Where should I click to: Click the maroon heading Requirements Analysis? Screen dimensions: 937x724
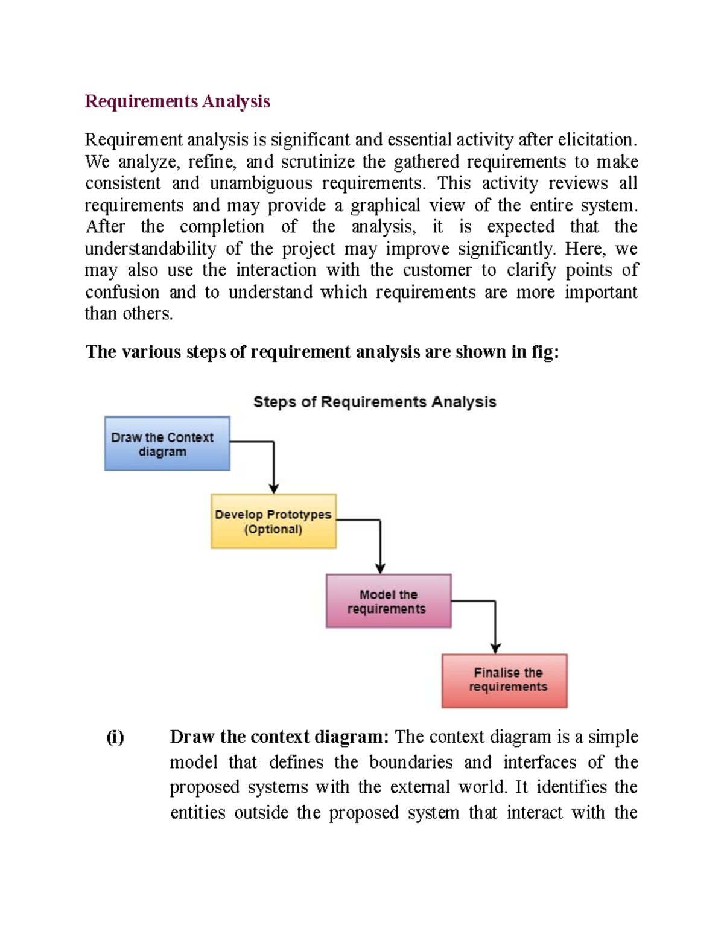coord(177,101)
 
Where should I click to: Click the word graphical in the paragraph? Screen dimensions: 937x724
coord(385,206)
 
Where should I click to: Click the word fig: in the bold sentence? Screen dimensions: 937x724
coord(545,352)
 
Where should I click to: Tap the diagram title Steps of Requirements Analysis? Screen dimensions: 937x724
coord(375,402)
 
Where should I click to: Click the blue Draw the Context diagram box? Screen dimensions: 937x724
coord(167,443)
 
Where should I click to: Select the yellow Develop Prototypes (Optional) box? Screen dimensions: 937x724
coord(273,521)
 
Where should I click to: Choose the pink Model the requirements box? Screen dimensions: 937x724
coord(388,601)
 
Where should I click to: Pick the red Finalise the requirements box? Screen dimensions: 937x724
coord(504,681)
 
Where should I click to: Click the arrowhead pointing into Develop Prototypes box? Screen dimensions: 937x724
coord(274,489)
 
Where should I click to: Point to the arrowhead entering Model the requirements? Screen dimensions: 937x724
coord(380,568)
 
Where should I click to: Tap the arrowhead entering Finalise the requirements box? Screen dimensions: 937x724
coord(495,649)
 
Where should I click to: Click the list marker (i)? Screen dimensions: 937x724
coord(115,737)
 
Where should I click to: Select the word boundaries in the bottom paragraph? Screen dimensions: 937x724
coord(411,762)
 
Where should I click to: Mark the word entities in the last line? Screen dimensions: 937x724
coord(197,813)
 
